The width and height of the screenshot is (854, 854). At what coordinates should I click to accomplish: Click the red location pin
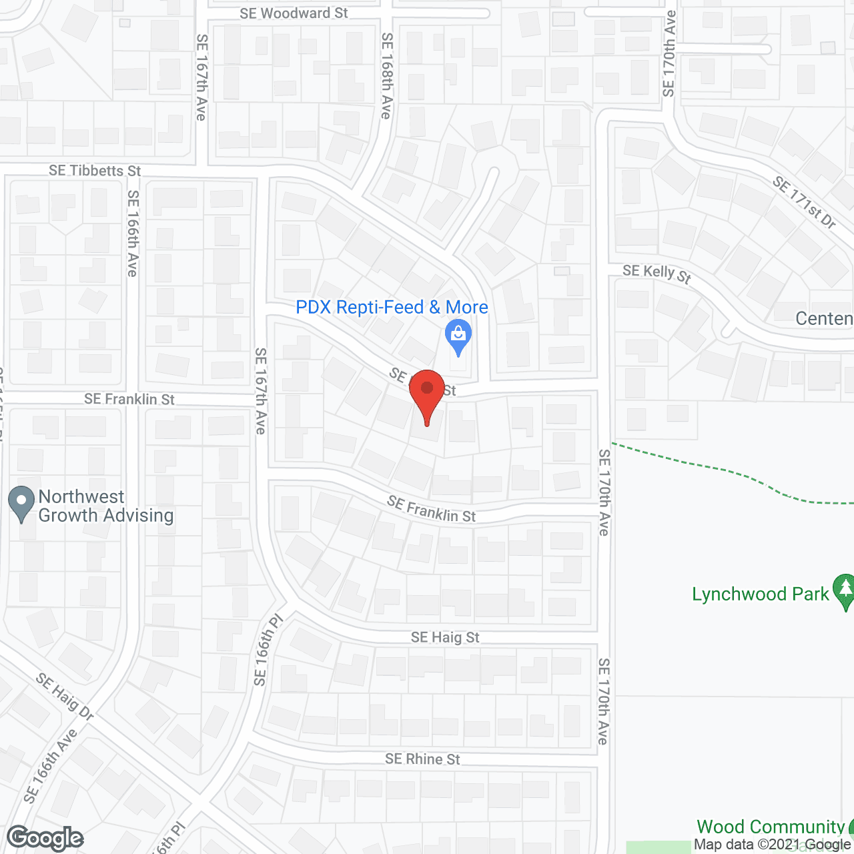(x=426, y=394)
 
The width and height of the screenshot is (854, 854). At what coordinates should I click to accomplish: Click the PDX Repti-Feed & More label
(x=392, y=308)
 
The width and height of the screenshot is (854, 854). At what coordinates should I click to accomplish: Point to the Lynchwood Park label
(x=760, y=594)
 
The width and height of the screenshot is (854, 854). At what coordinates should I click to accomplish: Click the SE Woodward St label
(x=294, y=13)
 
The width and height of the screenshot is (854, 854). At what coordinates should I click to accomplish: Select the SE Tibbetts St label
(x=95, y=171)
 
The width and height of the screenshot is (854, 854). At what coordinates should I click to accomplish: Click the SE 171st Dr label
(x=804, y=202)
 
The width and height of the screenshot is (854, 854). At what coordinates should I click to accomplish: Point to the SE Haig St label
(x=445, y=637)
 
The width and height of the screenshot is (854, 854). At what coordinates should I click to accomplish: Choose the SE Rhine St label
(x=422, y=759)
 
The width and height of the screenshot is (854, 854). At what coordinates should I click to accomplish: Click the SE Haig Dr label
(x=65, y=696)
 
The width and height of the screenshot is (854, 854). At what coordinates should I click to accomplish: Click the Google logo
(x=45, y=838)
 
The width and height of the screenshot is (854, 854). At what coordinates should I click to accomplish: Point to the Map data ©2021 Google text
(x=773, y=845)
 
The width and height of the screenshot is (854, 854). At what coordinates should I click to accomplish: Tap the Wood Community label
(x=771, y=827)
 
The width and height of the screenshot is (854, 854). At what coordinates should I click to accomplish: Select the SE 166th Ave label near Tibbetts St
(x=133, y=234)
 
